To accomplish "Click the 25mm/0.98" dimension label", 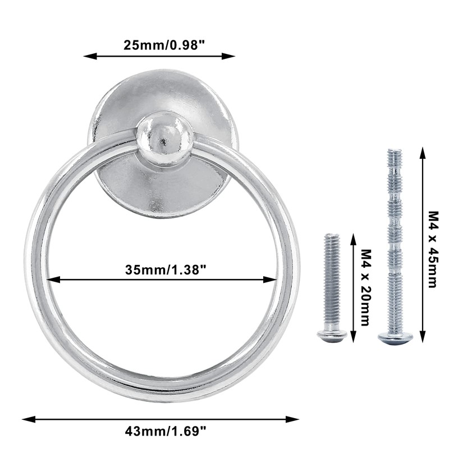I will point(161,45).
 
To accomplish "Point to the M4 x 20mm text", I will point(365,287).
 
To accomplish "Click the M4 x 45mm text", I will point(433,249).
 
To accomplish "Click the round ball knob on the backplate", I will point(164,138).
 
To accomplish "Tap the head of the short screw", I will point(332,336).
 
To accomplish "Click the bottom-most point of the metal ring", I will point(162,400).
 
